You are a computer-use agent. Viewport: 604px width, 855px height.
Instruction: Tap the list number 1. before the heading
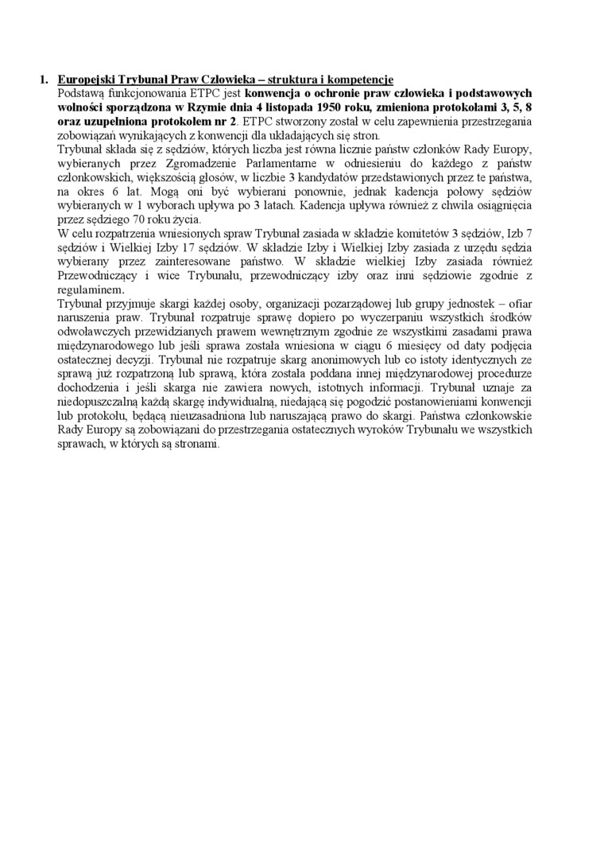pyautogui.click(x=45, y=80)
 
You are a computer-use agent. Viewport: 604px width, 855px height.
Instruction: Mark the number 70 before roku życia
pyautogui.click(x=149, y=220)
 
